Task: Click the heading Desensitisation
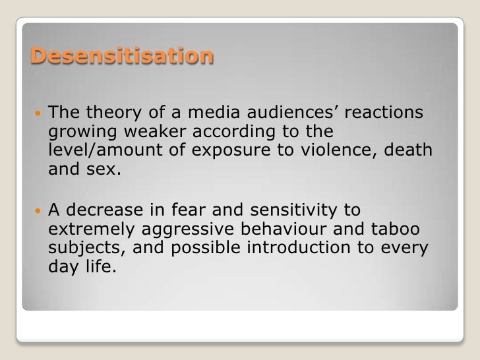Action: [123, 57]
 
